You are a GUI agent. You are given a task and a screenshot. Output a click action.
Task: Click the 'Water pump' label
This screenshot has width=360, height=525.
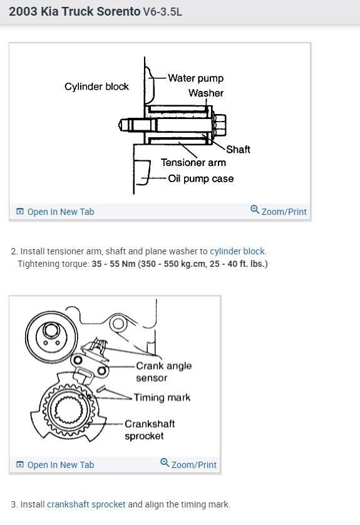coord(195,78)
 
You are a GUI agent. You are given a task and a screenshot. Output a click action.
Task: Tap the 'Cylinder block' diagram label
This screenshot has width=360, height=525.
coord(96,86)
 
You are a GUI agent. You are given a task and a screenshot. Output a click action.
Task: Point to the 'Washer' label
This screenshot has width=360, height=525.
coord(206,93)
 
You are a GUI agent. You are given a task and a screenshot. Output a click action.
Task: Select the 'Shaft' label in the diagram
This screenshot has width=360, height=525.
coord(238,149)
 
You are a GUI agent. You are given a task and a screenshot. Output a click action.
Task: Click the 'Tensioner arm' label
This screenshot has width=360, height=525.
coord(193,163)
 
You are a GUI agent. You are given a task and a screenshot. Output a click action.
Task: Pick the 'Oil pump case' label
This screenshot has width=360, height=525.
coord(201,179)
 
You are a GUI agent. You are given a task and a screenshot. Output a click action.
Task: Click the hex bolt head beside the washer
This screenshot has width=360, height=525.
coord(220,125)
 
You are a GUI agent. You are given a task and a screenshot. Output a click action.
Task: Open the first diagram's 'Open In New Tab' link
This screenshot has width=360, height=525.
coord(55,212)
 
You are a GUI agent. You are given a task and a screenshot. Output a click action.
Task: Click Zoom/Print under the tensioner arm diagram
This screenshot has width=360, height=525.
coord(279,211)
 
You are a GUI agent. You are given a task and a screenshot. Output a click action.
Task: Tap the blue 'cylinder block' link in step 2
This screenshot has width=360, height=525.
coord(237,251)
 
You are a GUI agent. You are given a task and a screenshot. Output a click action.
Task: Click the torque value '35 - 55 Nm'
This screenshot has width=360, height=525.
coord(113,264)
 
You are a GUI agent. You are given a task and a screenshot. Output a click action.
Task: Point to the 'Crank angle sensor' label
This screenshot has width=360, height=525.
coord(163,372)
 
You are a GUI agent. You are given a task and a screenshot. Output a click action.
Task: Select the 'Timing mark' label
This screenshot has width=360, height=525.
coord(162,397)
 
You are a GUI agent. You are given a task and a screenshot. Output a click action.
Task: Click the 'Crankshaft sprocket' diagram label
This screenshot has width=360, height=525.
coord(150,430)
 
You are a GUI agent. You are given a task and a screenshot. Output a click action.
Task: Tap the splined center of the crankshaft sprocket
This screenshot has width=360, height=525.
coord(69,410)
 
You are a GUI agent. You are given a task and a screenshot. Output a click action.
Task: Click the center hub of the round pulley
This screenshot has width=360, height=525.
coord(51,330)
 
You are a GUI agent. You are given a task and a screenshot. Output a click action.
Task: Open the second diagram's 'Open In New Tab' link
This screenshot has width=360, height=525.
coord(55,465)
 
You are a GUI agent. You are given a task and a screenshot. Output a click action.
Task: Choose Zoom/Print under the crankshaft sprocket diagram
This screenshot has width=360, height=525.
coord(188,464)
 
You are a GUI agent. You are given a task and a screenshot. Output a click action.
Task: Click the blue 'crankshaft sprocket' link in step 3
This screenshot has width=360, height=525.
coord(86,504)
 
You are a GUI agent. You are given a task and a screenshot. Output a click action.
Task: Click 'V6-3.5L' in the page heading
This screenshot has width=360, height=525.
coord(163,12)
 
